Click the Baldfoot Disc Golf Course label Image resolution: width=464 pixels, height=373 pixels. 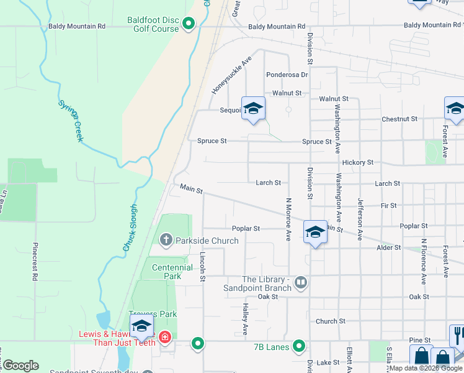pos(153,24)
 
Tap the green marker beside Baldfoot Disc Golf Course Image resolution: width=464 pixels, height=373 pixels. pos(189,24)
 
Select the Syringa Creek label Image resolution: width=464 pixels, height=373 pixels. pos(70,119)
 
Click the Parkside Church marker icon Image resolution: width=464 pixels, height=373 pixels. pos(166,239)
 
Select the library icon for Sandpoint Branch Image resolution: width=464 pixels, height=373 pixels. pos(301,283)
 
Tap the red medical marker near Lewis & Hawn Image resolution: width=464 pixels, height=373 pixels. pos(164,338)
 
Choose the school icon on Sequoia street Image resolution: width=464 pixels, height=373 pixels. pos(253,109)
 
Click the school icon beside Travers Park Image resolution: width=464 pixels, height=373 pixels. pos(141,326)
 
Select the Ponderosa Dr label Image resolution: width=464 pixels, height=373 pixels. pos(287,75)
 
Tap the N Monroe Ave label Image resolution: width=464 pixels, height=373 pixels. pos(288,219)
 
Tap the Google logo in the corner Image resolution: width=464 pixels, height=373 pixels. pos(20,365)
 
